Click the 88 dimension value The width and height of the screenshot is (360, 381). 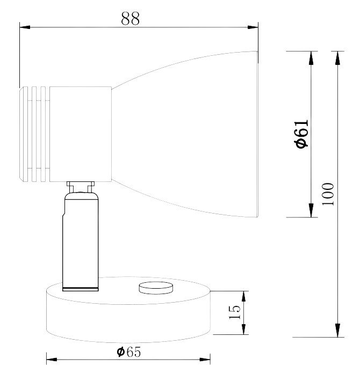(131, 18)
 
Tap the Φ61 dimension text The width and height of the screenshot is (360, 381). (302, 134)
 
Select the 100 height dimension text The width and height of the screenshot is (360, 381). (328, 194)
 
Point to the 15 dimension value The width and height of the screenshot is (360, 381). (235, 312)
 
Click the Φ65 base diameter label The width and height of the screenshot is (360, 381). (128, 352)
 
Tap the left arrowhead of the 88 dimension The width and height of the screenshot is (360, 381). (25, 27)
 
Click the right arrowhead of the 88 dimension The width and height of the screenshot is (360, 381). (253, 27)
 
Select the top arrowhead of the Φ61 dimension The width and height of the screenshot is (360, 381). (311, 58)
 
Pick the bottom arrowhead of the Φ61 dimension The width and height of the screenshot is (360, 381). (311, 210)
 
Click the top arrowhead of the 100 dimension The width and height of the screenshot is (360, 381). (337, 58)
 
